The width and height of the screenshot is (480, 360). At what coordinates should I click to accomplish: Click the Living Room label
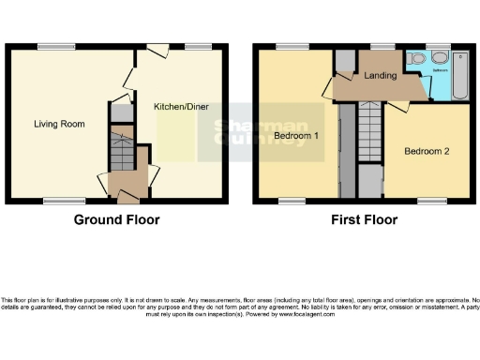click(x=54, y=124)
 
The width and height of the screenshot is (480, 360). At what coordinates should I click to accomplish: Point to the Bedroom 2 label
click(x=427, y=151)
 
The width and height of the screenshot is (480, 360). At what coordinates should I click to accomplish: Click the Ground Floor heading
click(x=116, y=220)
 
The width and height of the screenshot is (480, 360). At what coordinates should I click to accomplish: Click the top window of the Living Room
click(x=50, y=46)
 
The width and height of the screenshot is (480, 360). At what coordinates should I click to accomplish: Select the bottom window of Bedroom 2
click(x=431, y=200)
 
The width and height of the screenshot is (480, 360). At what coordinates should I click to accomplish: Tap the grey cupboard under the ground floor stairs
click(x=120, y=112)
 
